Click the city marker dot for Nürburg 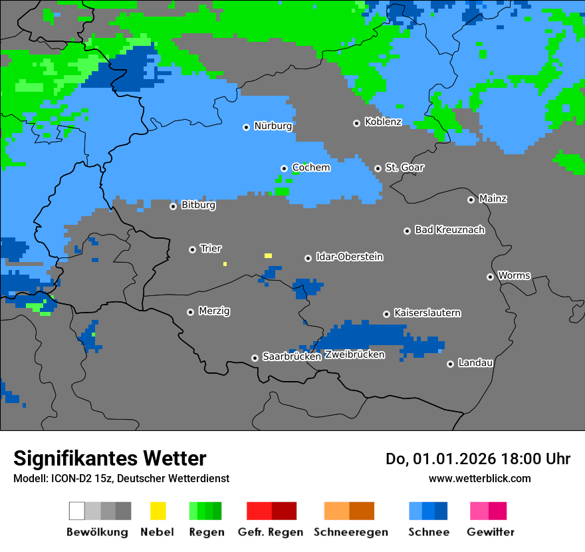[246, 127]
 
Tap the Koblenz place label [383, 122]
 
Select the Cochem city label [311, 168]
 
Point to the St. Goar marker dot [378, 168]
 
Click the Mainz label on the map [493, 198]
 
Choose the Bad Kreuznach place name [449, 229]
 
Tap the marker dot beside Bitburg [173, 206]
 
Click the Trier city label [210, 248]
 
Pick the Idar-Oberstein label [349, 257]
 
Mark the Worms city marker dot [490, 277]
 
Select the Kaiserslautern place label [427, 313]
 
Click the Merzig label [214, 311]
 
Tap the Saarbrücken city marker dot [255, 358]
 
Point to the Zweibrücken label [354, 354]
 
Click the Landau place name [475, 362]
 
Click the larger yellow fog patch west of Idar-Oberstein [268, 255]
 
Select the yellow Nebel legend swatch [158, 511]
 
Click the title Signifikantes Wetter [110, 458]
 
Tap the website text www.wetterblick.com [479, 478]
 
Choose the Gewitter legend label [490, 532]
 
